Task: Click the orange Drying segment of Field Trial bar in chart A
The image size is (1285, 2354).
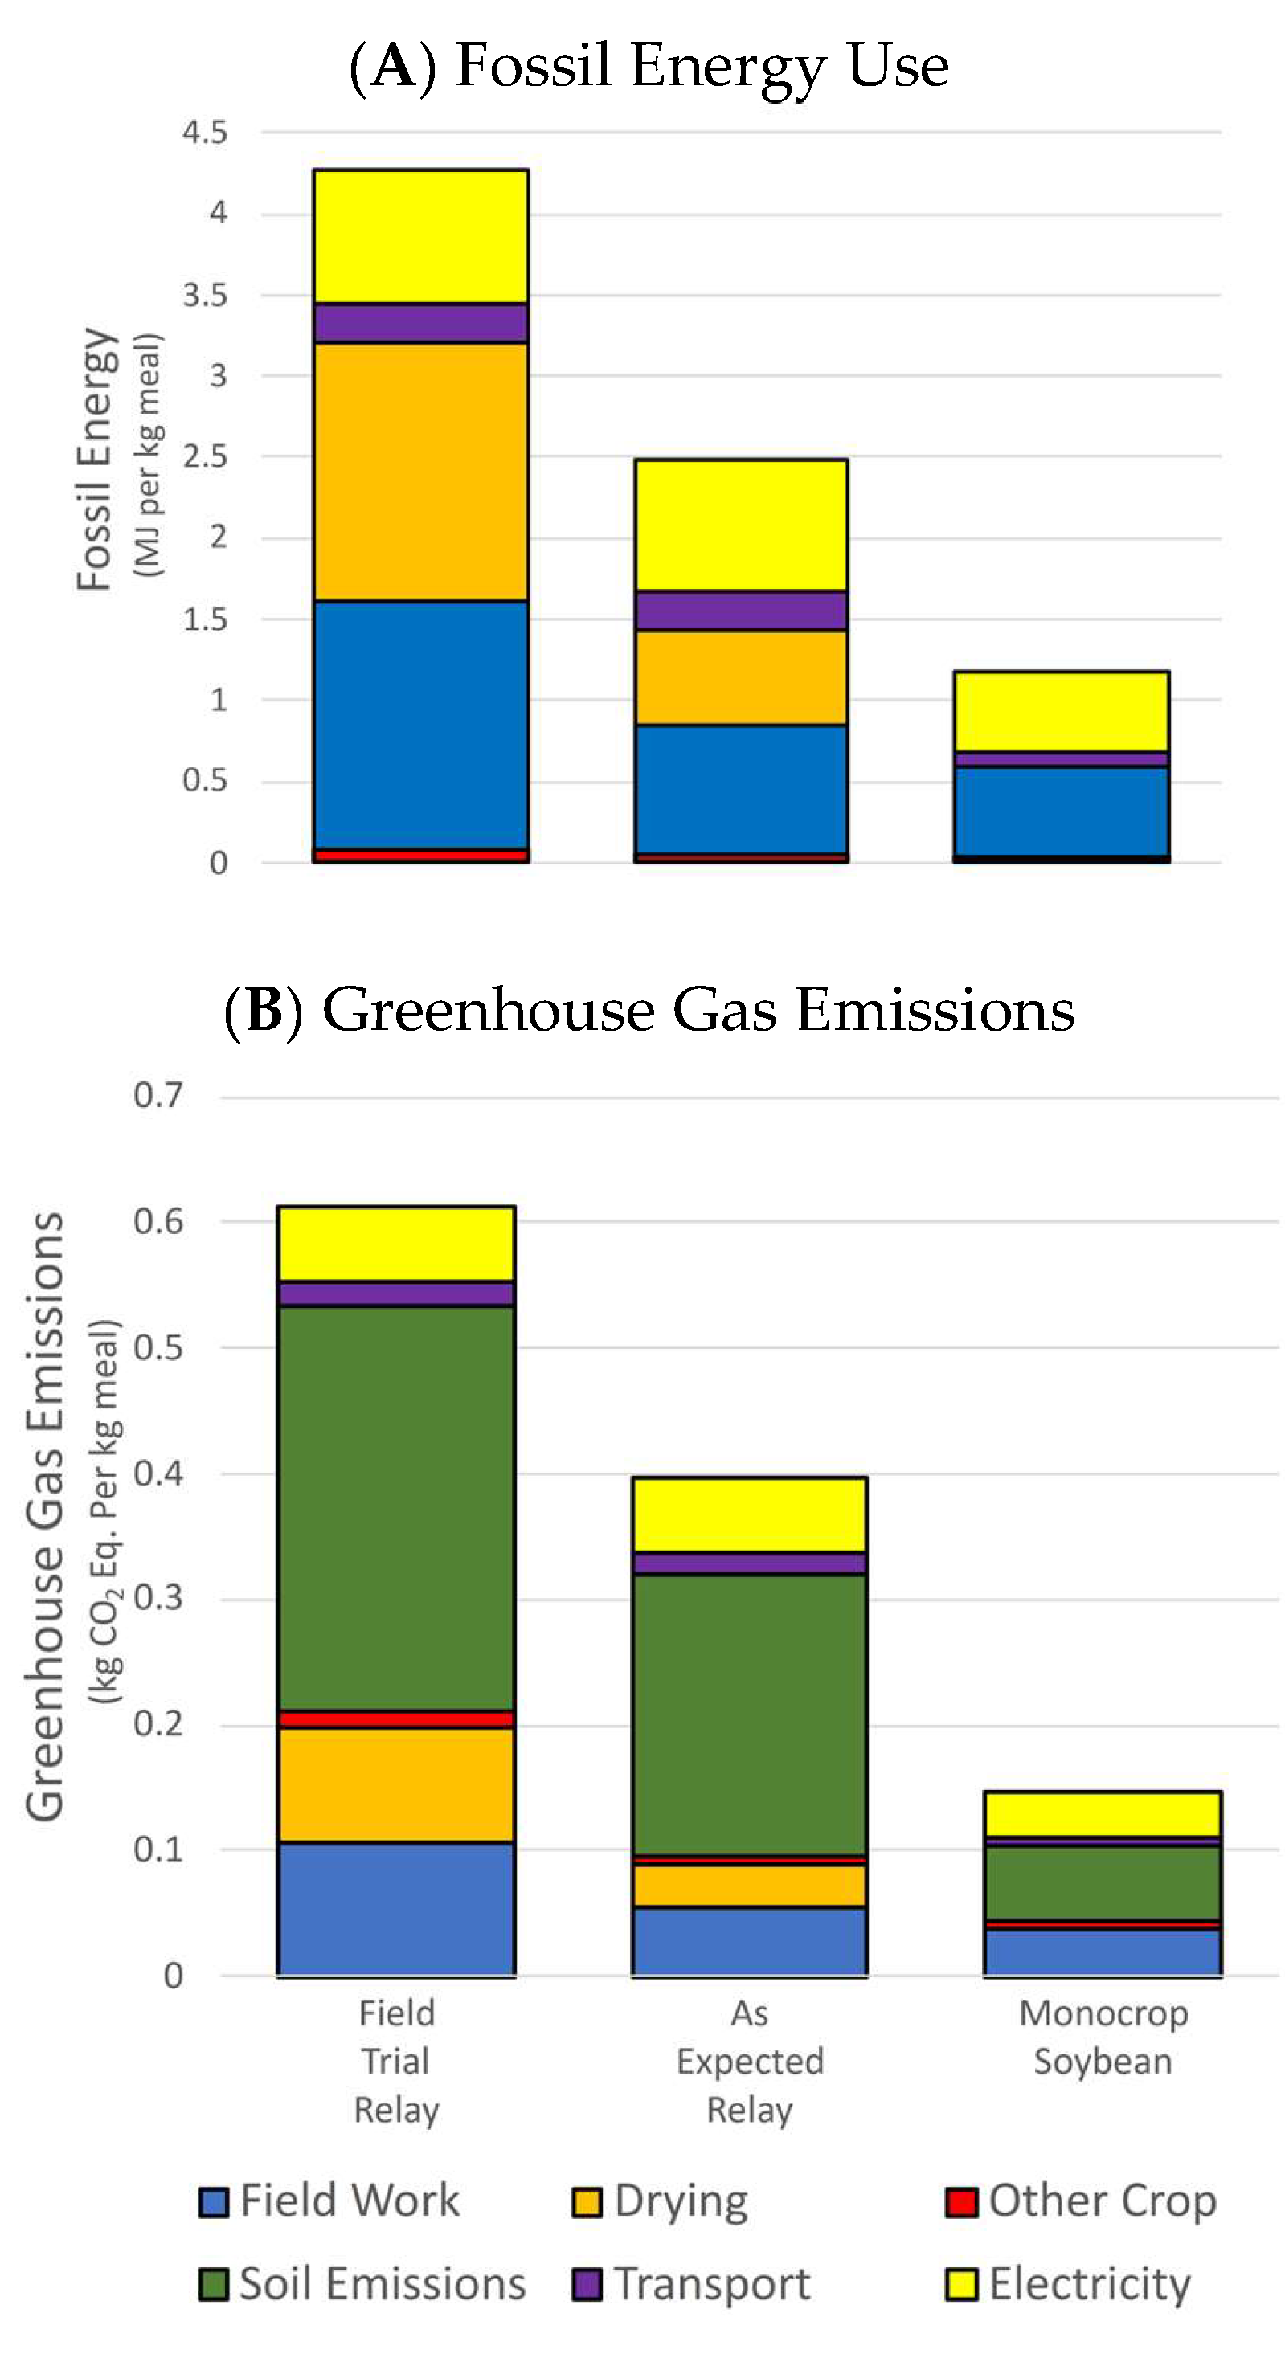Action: [420, 472]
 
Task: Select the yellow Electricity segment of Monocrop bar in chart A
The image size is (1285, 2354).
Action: [1061, 712]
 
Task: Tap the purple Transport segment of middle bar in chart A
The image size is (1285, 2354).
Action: [740, 611]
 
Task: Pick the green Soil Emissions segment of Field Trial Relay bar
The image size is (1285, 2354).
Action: [395, 1508]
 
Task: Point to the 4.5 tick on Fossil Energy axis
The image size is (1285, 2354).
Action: [205, 133]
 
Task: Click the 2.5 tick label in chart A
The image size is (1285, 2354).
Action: [205, 456]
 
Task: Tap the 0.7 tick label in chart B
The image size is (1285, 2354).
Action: [158, 1095]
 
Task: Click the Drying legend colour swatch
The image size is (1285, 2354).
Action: [587, 2202]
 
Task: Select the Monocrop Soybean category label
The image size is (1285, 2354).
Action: [1103, 2037]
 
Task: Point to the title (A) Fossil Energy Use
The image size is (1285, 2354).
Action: [649, 66]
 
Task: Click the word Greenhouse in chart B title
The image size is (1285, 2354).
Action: [488, 1011]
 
